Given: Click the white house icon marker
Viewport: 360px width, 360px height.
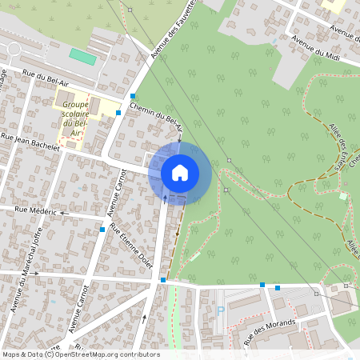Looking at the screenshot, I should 180,172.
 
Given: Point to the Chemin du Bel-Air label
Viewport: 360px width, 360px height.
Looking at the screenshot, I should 156,121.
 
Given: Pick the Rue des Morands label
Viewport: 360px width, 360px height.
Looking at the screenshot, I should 270,330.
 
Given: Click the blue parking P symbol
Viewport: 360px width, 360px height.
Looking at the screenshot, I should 221,311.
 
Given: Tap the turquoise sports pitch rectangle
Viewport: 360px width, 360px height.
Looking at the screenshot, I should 81,58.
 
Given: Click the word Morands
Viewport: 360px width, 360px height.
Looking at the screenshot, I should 280,326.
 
